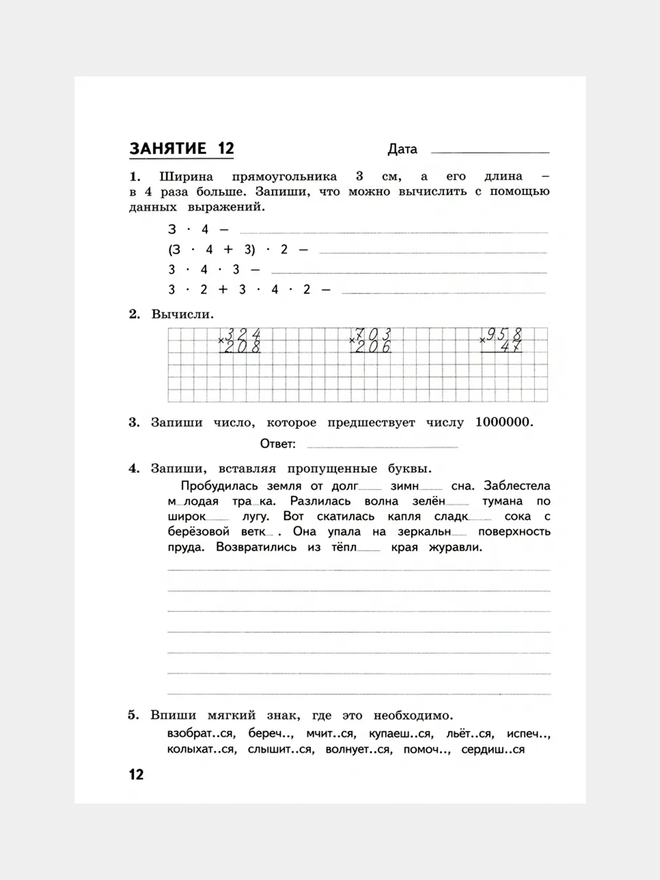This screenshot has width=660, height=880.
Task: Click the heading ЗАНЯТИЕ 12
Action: [x=182, y=148]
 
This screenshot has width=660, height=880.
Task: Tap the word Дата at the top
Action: [x=402, y=149]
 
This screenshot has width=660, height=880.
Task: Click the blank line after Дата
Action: [x=490, y=151]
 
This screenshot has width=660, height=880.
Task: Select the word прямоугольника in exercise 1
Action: [x=284, y=177]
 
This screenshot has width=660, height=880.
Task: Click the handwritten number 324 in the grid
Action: [x=243, y=334]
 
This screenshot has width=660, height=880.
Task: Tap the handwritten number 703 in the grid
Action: [x=373, y=334]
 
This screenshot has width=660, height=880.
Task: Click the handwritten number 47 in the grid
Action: [x=510, y=347]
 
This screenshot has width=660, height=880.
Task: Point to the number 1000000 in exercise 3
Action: [x=503, y=422]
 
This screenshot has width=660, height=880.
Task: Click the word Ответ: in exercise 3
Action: [x=278, y=444]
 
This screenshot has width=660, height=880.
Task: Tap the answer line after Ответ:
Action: [x=382, y=446]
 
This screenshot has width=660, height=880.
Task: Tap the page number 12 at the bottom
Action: [x=136, y=774]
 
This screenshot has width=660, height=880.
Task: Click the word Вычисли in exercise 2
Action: [x=182, y=315]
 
